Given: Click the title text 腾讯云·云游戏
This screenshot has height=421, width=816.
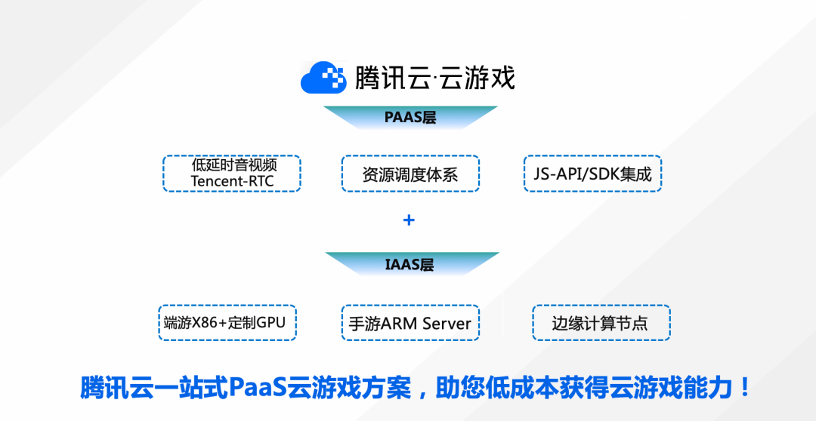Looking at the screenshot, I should pos(435,78).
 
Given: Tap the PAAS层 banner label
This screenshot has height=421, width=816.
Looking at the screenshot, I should pos(410,118).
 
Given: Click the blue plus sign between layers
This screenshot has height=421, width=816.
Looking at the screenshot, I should pos(409,220).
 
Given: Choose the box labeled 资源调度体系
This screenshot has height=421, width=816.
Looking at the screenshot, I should pos(410,174).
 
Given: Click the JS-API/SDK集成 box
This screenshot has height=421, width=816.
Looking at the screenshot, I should pos(592,174).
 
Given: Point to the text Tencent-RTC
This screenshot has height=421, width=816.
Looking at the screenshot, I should pos(232,181).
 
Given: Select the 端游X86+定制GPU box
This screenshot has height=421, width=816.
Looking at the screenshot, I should pos(227,323).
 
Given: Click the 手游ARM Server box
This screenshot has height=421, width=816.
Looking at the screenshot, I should pos(410,324).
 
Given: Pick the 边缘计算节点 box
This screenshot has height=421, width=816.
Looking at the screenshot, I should pos(601,324).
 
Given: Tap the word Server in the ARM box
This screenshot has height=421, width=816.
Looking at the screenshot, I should pos(447,324).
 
